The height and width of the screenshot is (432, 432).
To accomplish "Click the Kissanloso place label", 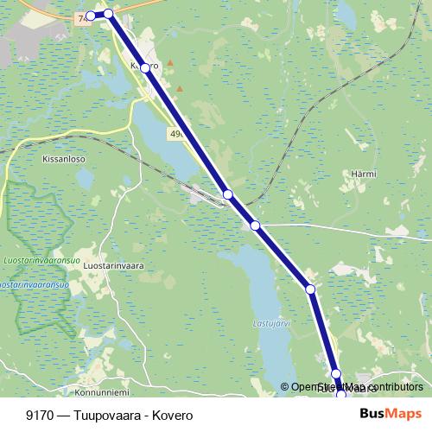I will [60, 160].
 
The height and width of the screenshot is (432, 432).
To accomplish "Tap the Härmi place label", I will [364, 174].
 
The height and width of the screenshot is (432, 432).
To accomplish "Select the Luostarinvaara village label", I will [112, 266].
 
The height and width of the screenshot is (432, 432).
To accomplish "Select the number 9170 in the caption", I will [37, 414].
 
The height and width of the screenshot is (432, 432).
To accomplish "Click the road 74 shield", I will [82, 17].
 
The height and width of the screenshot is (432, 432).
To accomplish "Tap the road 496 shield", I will [178, 133].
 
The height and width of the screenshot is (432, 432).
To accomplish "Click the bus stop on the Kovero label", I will [145, 67].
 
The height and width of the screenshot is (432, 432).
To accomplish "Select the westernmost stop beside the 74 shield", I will [91, 16].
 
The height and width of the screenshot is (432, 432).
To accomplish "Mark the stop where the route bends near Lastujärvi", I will [310, 289].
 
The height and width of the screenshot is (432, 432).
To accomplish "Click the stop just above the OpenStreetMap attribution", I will [336, 374].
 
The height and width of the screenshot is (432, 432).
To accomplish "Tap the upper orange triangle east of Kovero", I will [170, 63].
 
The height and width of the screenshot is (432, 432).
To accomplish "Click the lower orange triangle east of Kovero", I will [180, 88].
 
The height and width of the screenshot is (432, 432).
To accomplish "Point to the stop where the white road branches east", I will [255, 226].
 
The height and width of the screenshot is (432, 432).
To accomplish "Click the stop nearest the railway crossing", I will [228, 194].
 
